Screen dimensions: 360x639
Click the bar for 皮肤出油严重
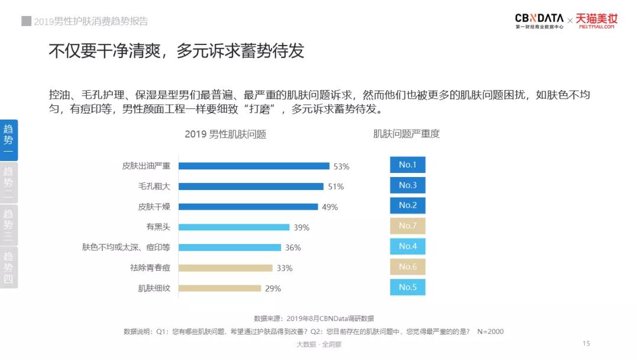[x=254, y=166]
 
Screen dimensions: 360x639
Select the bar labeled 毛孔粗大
[x=251, y=187]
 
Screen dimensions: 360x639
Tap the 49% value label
[x=330, y=207]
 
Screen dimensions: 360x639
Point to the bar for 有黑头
[x=234, y=227]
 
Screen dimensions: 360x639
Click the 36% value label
[x=293, y=247]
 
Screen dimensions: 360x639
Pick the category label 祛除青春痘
[x=150, y=268]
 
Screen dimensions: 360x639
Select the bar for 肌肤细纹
[x=220, y=288]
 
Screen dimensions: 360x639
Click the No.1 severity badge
[x=408, y=165]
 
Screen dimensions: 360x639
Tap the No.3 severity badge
[x=408, y=185]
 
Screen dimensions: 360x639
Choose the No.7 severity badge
[x=408, y=226]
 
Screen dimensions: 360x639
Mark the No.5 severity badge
[x=408, y=287]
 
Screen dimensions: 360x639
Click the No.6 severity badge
[x=408, y=266]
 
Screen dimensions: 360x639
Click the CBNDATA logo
[x=539, y=21]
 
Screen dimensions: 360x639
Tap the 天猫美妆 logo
[x=596, y=21]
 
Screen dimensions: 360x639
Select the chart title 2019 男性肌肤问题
[x=225, y=134]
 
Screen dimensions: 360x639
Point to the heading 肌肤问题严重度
[x=406, y=134]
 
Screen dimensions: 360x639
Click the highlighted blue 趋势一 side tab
[x=9, y=140]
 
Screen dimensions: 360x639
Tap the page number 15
[x=586, y=343]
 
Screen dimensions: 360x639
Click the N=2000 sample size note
[x=490, y=332]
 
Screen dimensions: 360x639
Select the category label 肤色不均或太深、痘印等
[x=126, y=247]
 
